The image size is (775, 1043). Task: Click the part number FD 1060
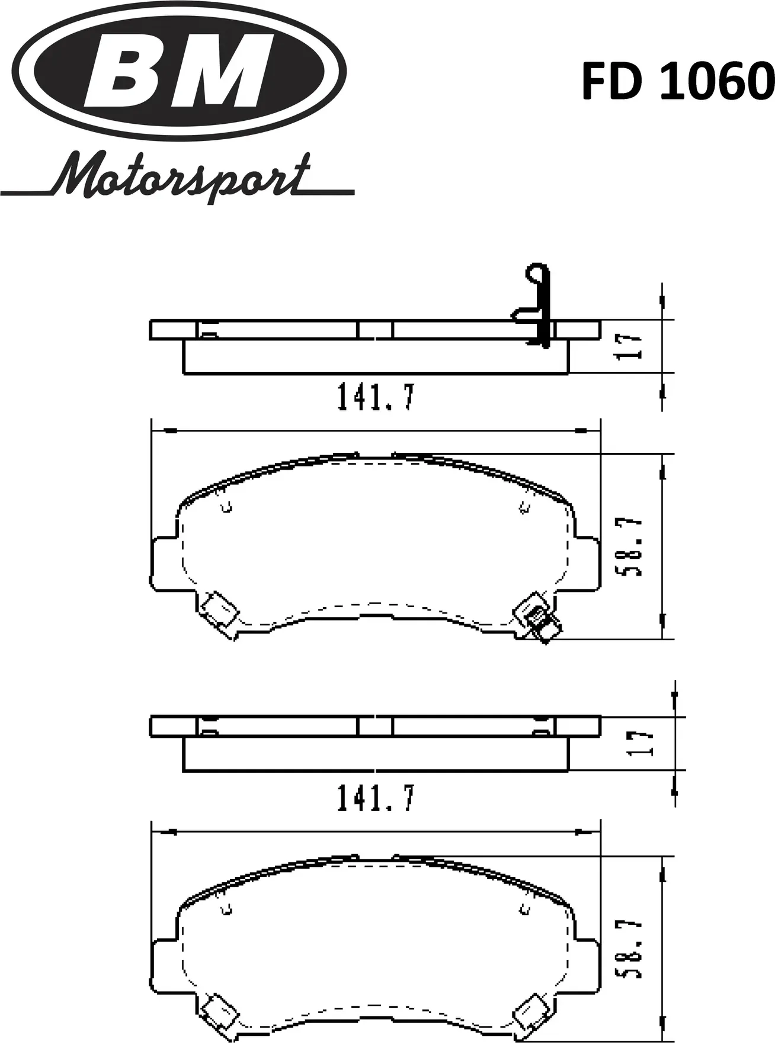coord(677,82)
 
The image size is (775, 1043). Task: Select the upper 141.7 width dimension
coord(376,397)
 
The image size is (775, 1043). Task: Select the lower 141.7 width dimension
coord(376,798)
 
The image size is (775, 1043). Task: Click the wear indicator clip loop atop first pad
coord(537,275)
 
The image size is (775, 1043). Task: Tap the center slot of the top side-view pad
coord(375,330)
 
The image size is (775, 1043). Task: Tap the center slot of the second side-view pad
coord(375,727)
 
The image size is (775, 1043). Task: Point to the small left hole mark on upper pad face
coord(226,507)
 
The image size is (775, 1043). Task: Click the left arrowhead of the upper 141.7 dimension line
coord(169,431)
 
